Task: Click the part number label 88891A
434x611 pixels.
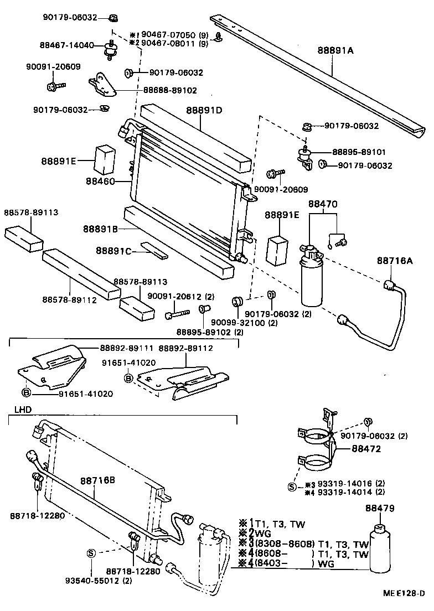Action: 335,50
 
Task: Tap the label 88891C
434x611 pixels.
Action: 113,251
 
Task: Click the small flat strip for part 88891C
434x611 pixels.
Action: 153,250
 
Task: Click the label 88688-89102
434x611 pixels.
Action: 170,90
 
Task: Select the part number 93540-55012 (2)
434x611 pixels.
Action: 99,581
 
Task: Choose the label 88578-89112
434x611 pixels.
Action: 70,299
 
